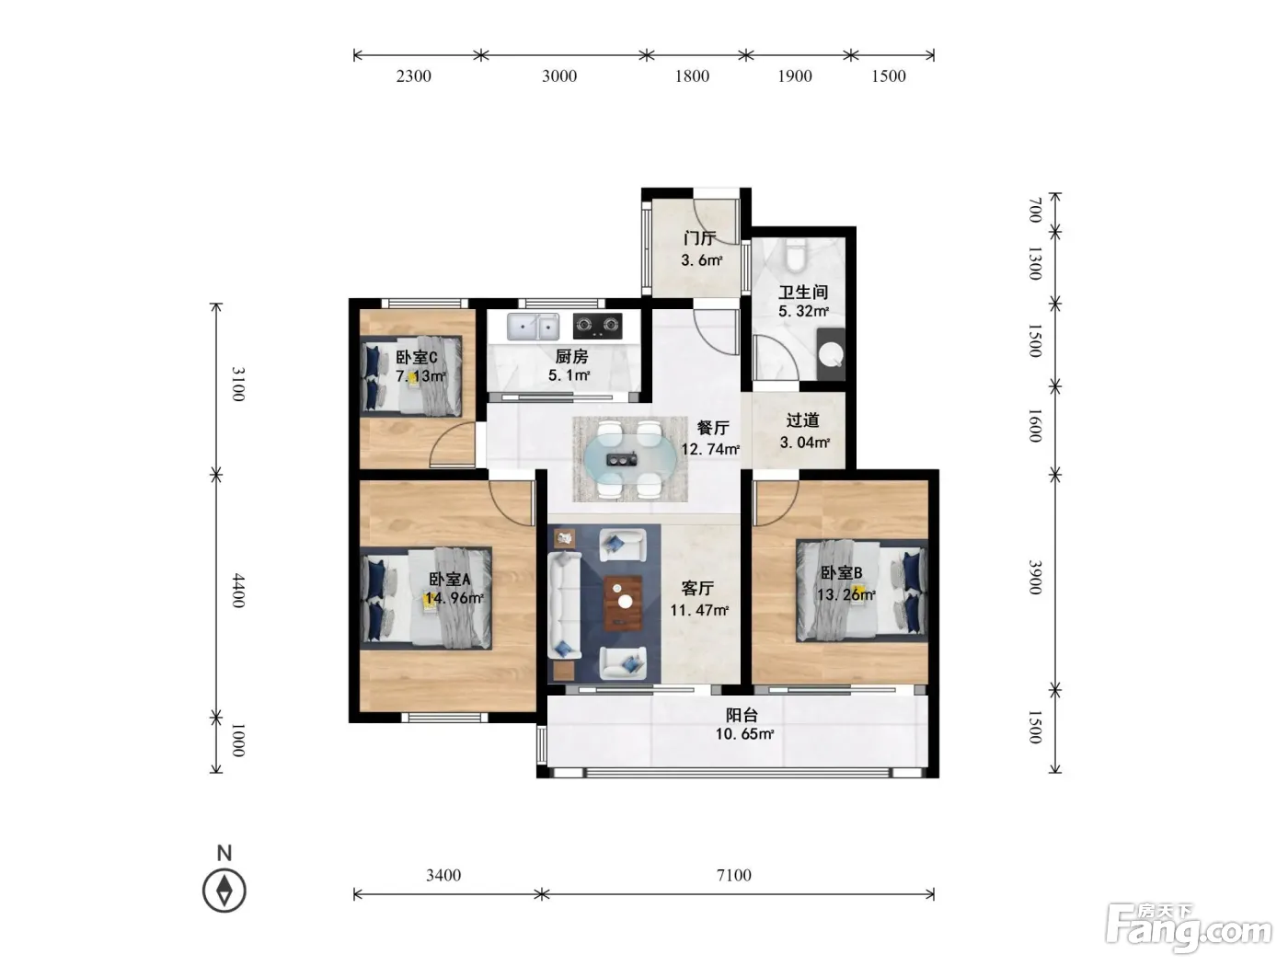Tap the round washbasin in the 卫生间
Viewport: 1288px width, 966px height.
(x=831, y=354)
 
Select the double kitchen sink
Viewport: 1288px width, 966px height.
(x=533, y=326)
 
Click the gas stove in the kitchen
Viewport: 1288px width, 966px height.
(x=597, y=326)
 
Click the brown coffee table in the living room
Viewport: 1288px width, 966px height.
(x=623, y=604)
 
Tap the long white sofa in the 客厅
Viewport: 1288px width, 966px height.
(x=564, y=604)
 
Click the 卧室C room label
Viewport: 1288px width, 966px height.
(x=416, y=357)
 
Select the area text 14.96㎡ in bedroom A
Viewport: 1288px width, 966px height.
(x=454, y=598)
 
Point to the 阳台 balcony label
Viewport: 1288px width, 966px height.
(x=742, y=715)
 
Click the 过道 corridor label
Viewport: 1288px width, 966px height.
(x=802, y=420)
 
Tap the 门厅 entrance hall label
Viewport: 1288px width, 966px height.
(x=699, y=238)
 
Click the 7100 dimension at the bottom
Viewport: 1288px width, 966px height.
(x=733, y=875)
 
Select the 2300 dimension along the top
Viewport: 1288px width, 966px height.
(x=414, y=75)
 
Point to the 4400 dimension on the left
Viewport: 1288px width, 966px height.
(x=237, y=591)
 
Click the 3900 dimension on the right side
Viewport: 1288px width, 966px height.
(x=1035, y=577)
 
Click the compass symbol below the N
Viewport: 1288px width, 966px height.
(x=224, y=891)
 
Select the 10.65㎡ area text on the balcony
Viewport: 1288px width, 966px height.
(x=744, y=734)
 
